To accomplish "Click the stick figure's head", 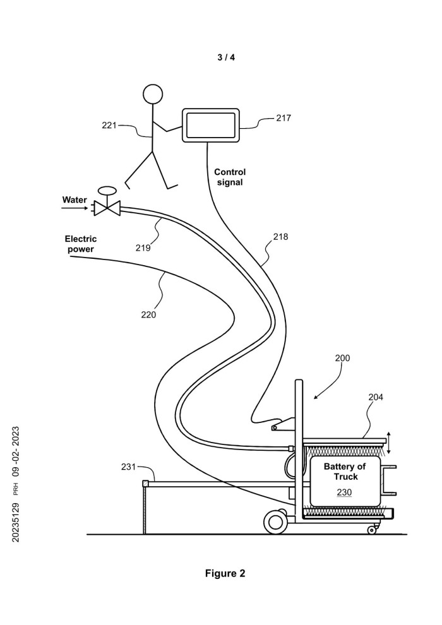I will [x=153, y=93].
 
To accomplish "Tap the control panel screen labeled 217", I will [x=211, y=125].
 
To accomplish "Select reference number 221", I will [x=110, y=125].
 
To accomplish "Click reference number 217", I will [x=284, y=118].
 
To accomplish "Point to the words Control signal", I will [x=229, y=177].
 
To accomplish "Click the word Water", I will [x=75, y=200].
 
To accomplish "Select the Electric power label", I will [x=81, y=244].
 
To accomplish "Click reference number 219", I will [x=143, y=248].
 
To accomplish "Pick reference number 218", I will [x=280, y=237].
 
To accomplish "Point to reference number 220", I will [x=148, y=314].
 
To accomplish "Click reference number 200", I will [x=342, y=358].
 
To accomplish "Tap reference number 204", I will [x=376, y=397].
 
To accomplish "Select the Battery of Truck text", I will [x=345, y=472].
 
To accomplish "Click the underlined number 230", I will [x=344, y=492].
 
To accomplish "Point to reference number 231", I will [x=129, y=467].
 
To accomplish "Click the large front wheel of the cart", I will [x=275, y=521].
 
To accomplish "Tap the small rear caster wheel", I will [x=371, y=529].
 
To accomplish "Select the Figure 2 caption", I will [x=225, y=573].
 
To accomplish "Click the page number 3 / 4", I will [x=225, y=57].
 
